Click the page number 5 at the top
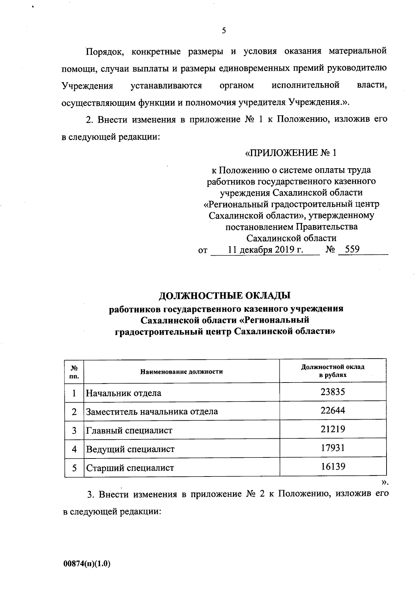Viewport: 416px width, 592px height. (224, 31)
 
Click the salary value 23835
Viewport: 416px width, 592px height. (332, 392)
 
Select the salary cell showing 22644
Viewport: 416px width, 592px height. (332, 411)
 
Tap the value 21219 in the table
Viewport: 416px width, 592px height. (332, 429)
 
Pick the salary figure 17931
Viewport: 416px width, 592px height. (332, 448)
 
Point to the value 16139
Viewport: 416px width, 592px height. (332, 466)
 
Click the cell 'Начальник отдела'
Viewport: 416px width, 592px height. (124, 393)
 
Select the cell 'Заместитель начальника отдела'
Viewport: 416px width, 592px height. (152, 412)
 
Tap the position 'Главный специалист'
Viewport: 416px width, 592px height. (129, 431)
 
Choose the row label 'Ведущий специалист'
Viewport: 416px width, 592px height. (130, 449)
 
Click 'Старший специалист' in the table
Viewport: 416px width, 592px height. (130, 468)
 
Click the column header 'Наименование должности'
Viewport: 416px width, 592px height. (181, 372)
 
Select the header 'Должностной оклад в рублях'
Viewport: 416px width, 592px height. (332, 371)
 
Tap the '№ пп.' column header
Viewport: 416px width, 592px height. (74, 371)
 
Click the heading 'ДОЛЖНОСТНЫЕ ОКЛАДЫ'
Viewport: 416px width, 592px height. (224, 296)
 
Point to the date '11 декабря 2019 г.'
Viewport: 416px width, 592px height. (266, 250)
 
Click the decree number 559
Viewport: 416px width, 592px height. (352, 249)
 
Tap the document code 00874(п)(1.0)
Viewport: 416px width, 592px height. (86, 564)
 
